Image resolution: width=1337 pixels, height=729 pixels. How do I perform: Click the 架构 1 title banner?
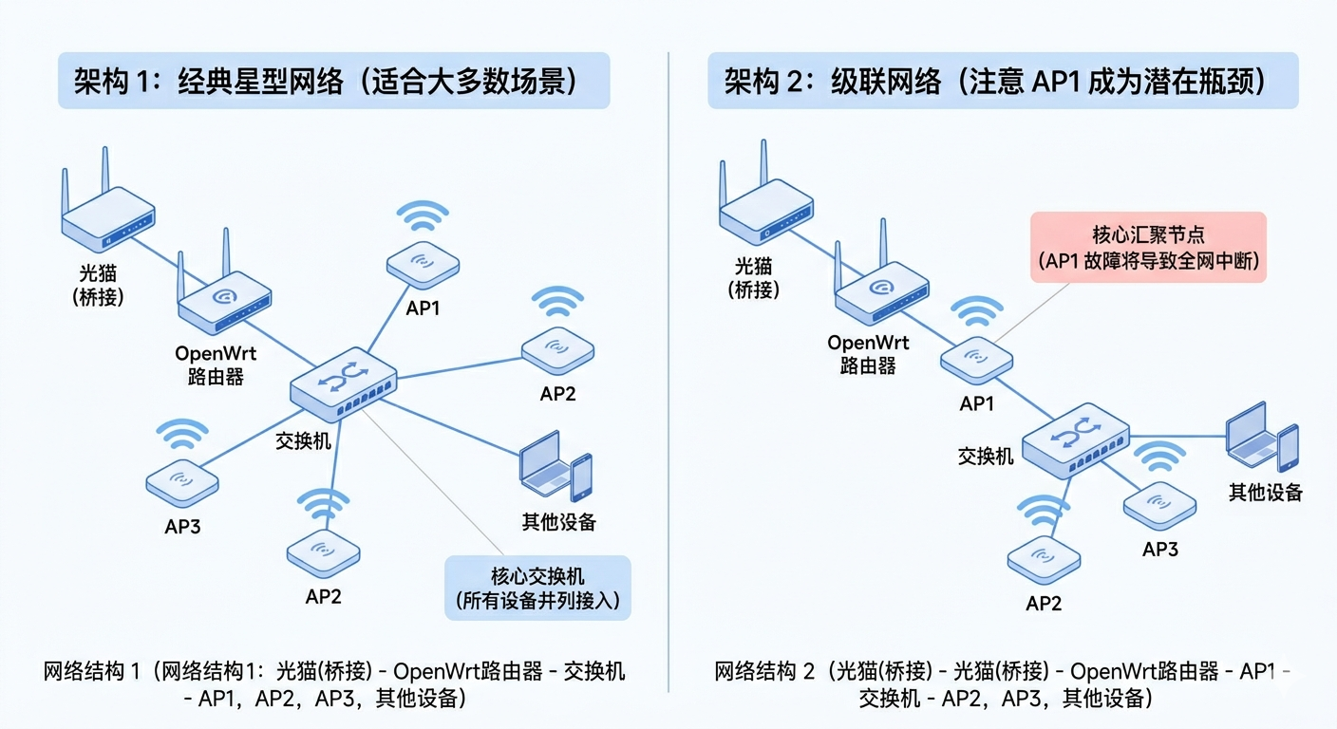click(333, 81)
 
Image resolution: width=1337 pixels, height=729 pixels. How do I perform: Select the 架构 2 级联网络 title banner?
click(1002, 81)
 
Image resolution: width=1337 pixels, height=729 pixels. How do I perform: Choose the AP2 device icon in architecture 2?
click(1044, 560)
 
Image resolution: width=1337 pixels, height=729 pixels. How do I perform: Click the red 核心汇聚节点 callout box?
click(1148, 247)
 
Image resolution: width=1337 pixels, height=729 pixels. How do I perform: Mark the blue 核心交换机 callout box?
click(537, 588)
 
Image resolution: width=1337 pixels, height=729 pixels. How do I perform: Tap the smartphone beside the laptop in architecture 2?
click(1287, 447)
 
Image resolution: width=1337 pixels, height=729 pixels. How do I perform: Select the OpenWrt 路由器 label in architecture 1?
click(216, 364)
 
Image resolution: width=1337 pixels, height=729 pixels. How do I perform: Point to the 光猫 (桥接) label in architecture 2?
click(755, 277)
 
